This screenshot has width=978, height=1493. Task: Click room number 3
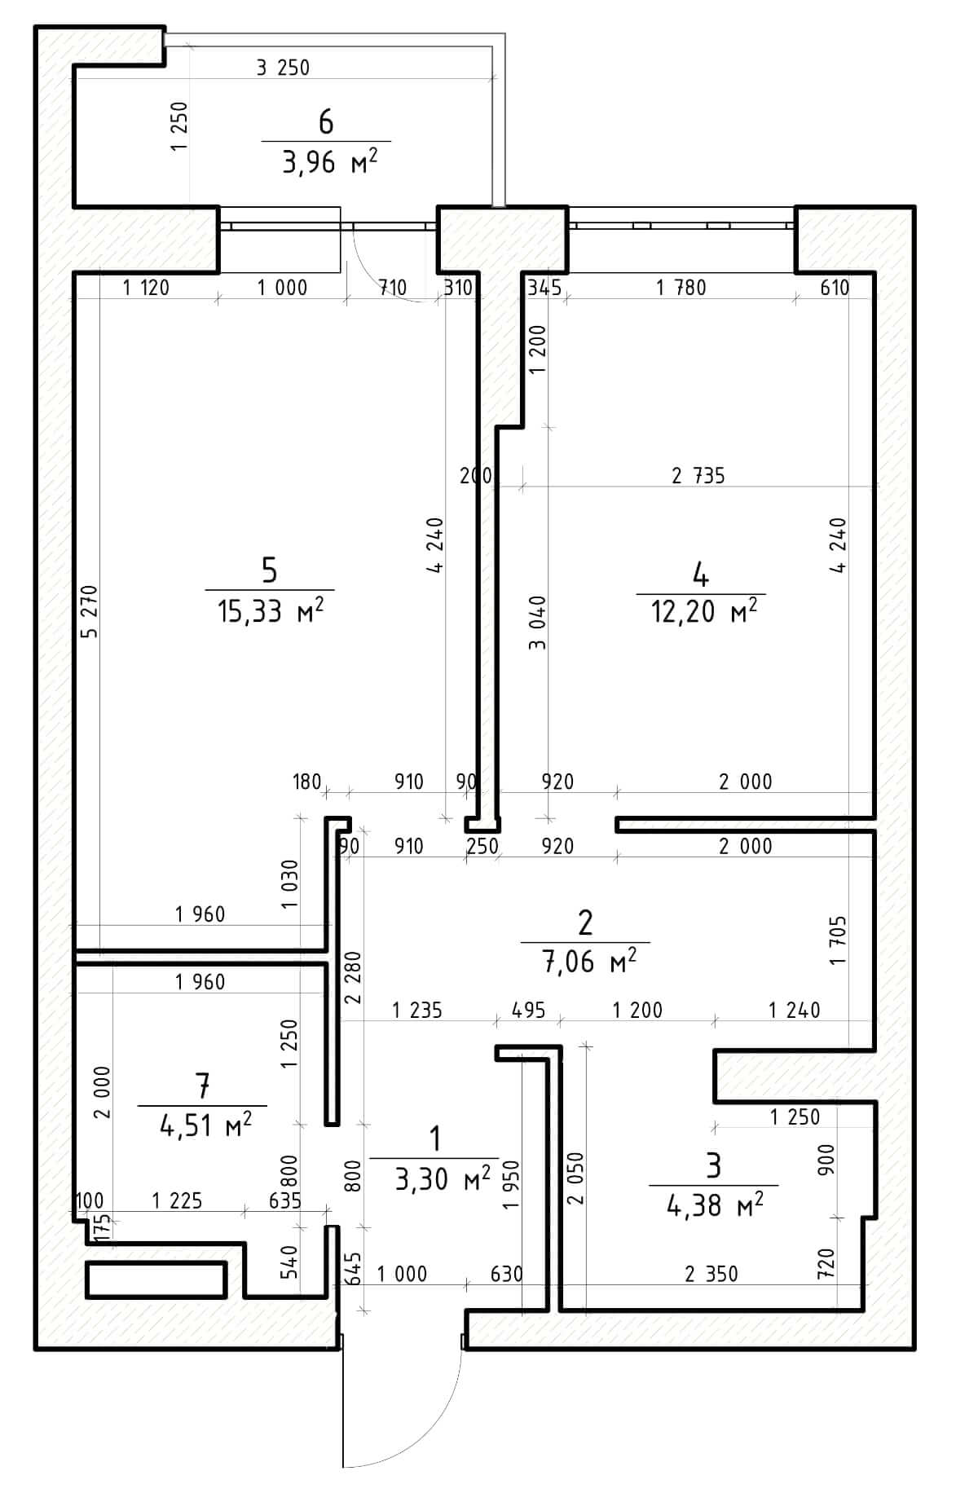(714, 1165)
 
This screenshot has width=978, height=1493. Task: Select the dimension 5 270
(90, 612)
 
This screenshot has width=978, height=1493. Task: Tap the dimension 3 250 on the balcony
(283, 68)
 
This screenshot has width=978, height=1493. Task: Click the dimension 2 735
(698, 475)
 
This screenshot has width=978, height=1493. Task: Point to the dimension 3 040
(537, 623)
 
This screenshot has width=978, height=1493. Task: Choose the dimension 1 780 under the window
(681, 287)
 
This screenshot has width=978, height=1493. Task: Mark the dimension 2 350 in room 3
(711, 1274)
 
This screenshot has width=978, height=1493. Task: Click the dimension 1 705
(839, 940)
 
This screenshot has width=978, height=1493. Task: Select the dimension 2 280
(352, 976)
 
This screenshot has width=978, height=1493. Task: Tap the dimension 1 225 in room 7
(177, 1200)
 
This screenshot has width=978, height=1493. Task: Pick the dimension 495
(528, 1011)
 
